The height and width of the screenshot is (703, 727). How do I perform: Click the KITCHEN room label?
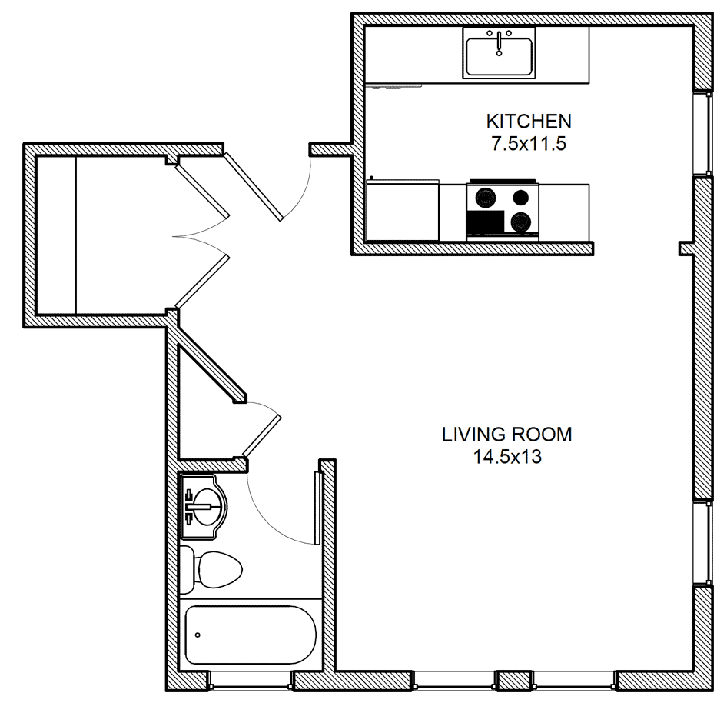(529, 122)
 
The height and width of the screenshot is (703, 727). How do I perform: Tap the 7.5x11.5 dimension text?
(529, 144)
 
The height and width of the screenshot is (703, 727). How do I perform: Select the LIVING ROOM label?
(506, 435)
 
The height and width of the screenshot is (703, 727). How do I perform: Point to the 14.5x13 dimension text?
(507, 457)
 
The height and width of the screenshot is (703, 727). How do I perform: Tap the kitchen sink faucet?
(499, 43)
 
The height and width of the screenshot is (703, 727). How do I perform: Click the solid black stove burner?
(521, 198)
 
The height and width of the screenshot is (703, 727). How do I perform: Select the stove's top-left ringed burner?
(486, 198)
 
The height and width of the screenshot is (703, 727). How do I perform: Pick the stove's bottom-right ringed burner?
(521, 222)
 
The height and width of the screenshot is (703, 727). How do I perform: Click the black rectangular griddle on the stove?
(486, 222)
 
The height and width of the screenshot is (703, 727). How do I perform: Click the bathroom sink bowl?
(206, 506)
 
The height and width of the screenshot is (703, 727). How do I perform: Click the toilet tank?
(187, 570)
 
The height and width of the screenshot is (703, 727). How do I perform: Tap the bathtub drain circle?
(198, 635)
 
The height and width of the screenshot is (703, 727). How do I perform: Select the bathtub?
(251, 635)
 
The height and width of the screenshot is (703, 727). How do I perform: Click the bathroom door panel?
(317, 508)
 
